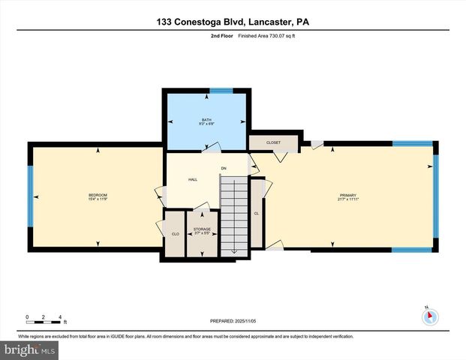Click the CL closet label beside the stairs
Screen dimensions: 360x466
click(257, 213)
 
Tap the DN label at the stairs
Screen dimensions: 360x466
click(223, 168)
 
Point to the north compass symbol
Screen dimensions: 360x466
click(430, 316)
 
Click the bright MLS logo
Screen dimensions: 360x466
click(29, 349)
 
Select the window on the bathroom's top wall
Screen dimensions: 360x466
click(221, 91)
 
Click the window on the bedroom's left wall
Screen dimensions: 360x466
click(31, 197)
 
